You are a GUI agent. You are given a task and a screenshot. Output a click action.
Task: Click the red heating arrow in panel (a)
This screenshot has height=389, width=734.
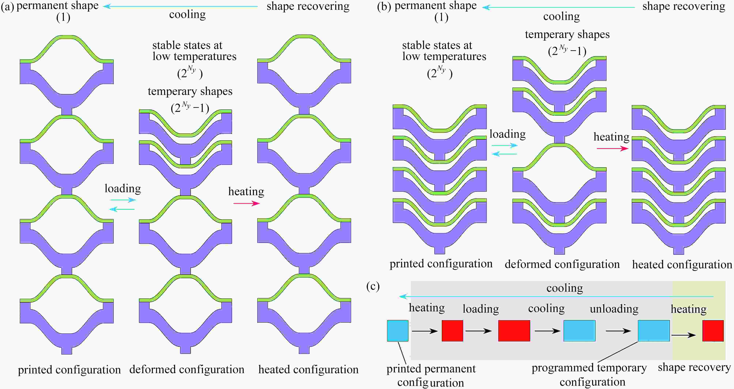tap(247, 203)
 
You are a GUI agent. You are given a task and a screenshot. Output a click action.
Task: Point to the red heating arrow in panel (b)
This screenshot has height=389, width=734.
tap(613, 148)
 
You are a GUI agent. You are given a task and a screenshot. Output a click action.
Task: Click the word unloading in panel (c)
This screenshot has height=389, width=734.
tap(614, 308)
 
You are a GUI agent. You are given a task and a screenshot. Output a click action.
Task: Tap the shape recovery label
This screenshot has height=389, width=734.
tap(694, 368)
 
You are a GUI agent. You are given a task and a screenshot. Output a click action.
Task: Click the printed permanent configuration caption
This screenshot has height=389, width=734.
tap(431, 375)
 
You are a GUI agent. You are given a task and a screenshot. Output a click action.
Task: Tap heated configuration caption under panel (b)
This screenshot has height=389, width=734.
tap(682, 265)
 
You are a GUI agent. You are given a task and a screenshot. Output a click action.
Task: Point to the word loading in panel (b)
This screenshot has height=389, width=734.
tap(508, 134)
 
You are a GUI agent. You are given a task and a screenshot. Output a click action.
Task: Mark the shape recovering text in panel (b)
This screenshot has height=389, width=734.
tap(684, 6)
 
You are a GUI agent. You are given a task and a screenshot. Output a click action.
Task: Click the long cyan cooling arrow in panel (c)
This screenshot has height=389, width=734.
tap(556, 297)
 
